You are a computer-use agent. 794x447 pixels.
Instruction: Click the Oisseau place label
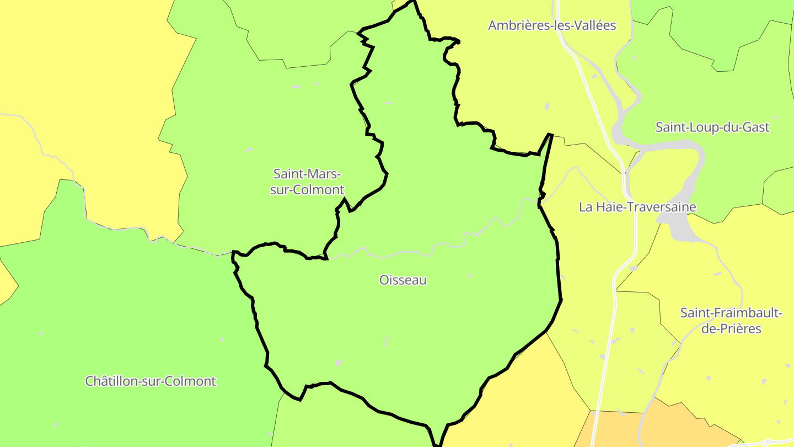403,280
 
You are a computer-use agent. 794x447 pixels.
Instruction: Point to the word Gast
757,127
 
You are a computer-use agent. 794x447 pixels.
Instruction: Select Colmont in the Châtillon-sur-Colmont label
191,381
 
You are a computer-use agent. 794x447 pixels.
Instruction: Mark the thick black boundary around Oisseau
559,276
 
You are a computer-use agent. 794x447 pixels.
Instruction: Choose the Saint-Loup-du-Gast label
712,127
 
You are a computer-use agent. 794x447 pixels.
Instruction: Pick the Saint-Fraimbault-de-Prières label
731,321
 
